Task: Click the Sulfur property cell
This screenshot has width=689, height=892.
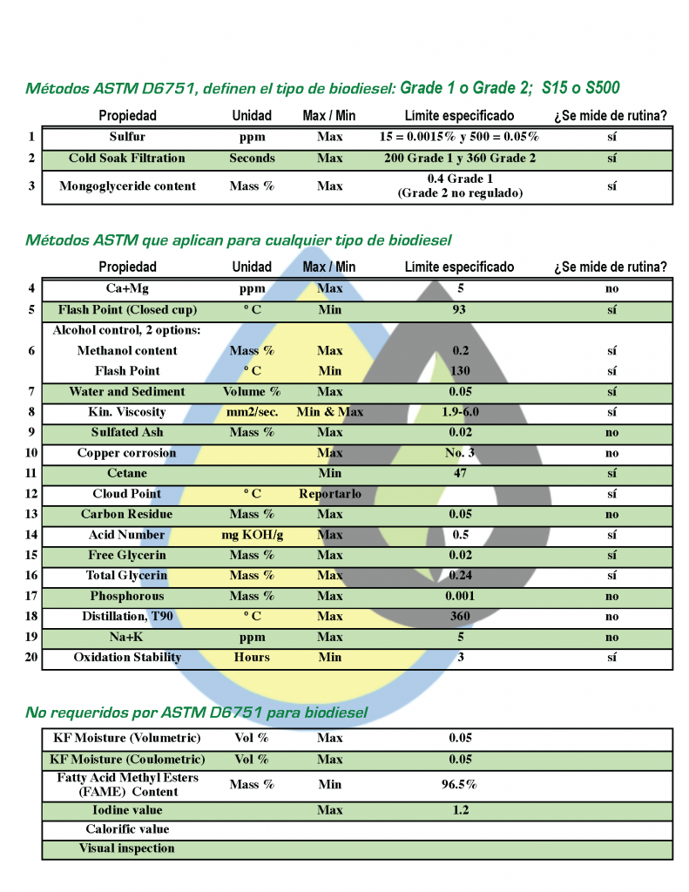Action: pyautogui.click(x=127, y=137)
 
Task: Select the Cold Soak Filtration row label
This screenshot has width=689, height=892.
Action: pyautogui.click(x=127, y=158)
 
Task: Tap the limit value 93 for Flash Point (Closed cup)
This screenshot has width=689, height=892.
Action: pyautogui.click(x=460, y=309)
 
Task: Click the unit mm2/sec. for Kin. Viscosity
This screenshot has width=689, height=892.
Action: pyautogui.click(x=252, y=412)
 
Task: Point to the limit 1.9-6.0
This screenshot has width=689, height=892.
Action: pyautogui.click(x=460, y=412)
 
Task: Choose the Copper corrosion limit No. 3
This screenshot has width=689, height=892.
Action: pyautogui.click(x=460, y=453)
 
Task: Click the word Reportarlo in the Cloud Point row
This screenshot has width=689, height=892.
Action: pyautogui.click(x=329, y=494)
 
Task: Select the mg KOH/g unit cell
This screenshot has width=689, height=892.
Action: pyautogui.click(x=252, y=535)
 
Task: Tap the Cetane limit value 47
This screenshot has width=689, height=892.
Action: pyautogui.click(x=460, y=473)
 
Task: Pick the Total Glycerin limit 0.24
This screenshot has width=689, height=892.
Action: pyautogui.click(x=460, y=575)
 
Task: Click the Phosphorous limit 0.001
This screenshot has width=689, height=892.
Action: pyautogui.click(x=460, y=596)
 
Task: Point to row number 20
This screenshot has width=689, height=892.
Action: pyautogui.click(x=31, y=657)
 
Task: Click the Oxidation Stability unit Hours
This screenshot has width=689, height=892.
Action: pyautogui.click(x=252, y=657)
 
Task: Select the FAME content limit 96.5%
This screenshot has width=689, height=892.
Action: pyautogui.click(x=460, y=784)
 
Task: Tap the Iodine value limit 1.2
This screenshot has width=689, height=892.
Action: pyautogui.click(x=460, y=810)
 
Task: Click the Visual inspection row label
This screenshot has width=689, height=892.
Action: pyautogui.click(x=127, y=848)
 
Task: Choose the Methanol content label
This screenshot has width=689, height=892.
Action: pyautogui.click(x=127, y=350)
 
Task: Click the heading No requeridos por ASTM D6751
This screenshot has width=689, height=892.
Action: pyautogui.click(x=196, y=713)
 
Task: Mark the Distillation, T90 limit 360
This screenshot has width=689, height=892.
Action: pyautogui.click(x=460, y=616)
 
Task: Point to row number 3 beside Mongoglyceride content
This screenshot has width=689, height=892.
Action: pyautogui.click(x=31, y=186)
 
